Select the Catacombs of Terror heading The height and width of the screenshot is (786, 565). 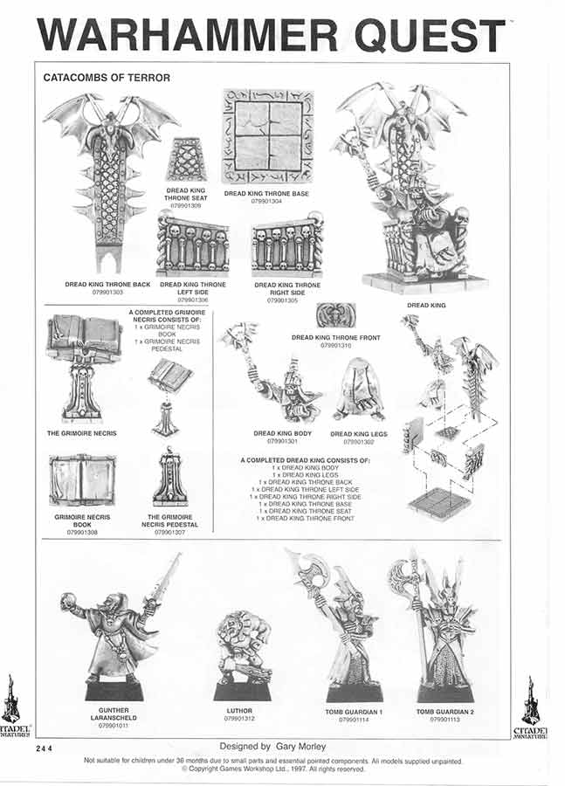coord(107,78)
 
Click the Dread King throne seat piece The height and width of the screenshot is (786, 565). coord(186,159)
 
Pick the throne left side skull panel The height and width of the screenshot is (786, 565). coord(192,246)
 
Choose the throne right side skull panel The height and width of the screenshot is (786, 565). coord(286,246)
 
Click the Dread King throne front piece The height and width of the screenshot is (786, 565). coord(336,315)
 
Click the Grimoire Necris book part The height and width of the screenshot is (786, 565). coord(82,479)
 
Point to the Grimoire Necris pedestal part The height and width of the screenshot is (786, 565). coord(170,479)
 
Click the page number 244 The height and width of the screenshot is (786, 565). coord(45,749)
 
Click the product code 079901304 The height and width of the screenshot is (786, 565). coord(268,201)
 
